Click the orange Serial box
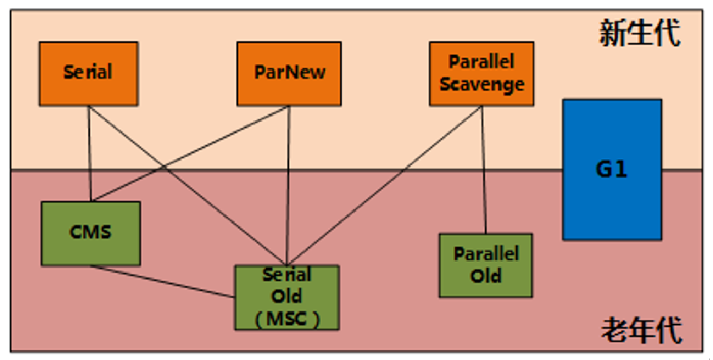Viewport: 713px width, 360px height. [x=88, y=73]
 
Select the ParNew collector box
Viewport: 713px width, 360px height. [x=289, y=73]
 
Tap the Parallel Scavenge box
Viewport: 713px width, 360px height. [x=481, y=73]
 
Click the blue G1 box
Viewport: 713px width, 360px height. [x=612, y=170]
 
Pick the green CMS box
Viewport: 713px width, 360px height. [x=91, y=234]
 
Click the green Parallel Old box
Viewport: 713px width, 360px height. [x=486, y=266]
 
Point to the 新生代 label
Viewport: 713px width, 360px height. [x=640, y=33]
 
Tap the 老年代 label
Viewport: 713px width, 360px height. [x=641, y=330]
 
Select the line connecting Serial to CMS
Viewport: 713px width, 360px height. [x=90, y=154]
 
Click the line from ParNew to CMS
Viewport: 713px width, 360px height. [x=189, y=154]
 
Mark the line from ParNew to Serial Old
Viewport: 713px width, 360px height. [x=288, y=185]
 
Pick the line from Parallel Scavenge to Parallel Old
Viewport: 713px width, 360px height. [x=483, y=170]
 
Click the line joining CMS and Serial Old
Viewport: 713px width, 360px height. [x=163, y=282]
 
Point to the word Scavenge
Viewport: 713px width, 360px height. [x=482, y=84]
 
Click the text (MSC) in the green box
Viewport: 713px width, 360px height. [x=287, y=319]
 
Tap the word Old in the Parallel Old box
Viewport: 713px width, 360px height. [x=486, y=276]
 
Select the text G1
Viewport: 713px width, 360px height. [x=611, y=169]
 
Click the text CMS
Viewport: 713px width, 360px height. [x=90, y=232]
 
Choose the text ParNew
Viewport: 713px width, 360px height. [x=290, y=72]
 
